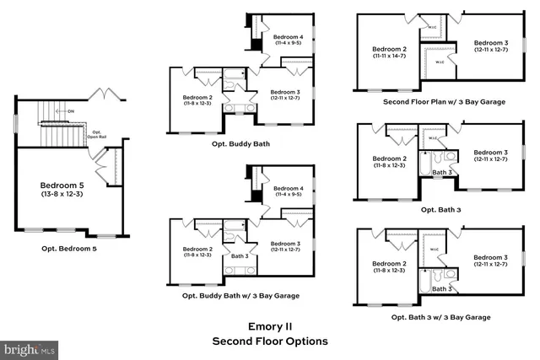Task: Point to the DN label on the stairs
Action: tap(71, 110)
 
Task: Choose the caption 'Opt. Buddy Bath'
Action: tap(240, 144)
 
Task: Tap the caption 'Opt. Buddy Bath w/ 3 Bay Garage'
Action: tap(240, 296)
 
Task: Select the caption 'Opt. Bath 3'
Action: tap(440, 209)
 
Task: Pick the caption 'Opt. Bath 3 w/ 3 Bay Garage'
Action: tap(440, 317)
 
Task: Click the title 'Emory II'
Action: tap(268, 325)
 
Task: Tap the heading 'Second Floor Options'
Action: tap(268, 341)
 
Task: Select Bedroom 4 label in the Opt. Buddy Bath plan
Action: tap(289, 37)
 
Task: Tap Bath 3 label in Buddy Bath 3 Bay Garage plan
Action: tap(240, 255)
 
